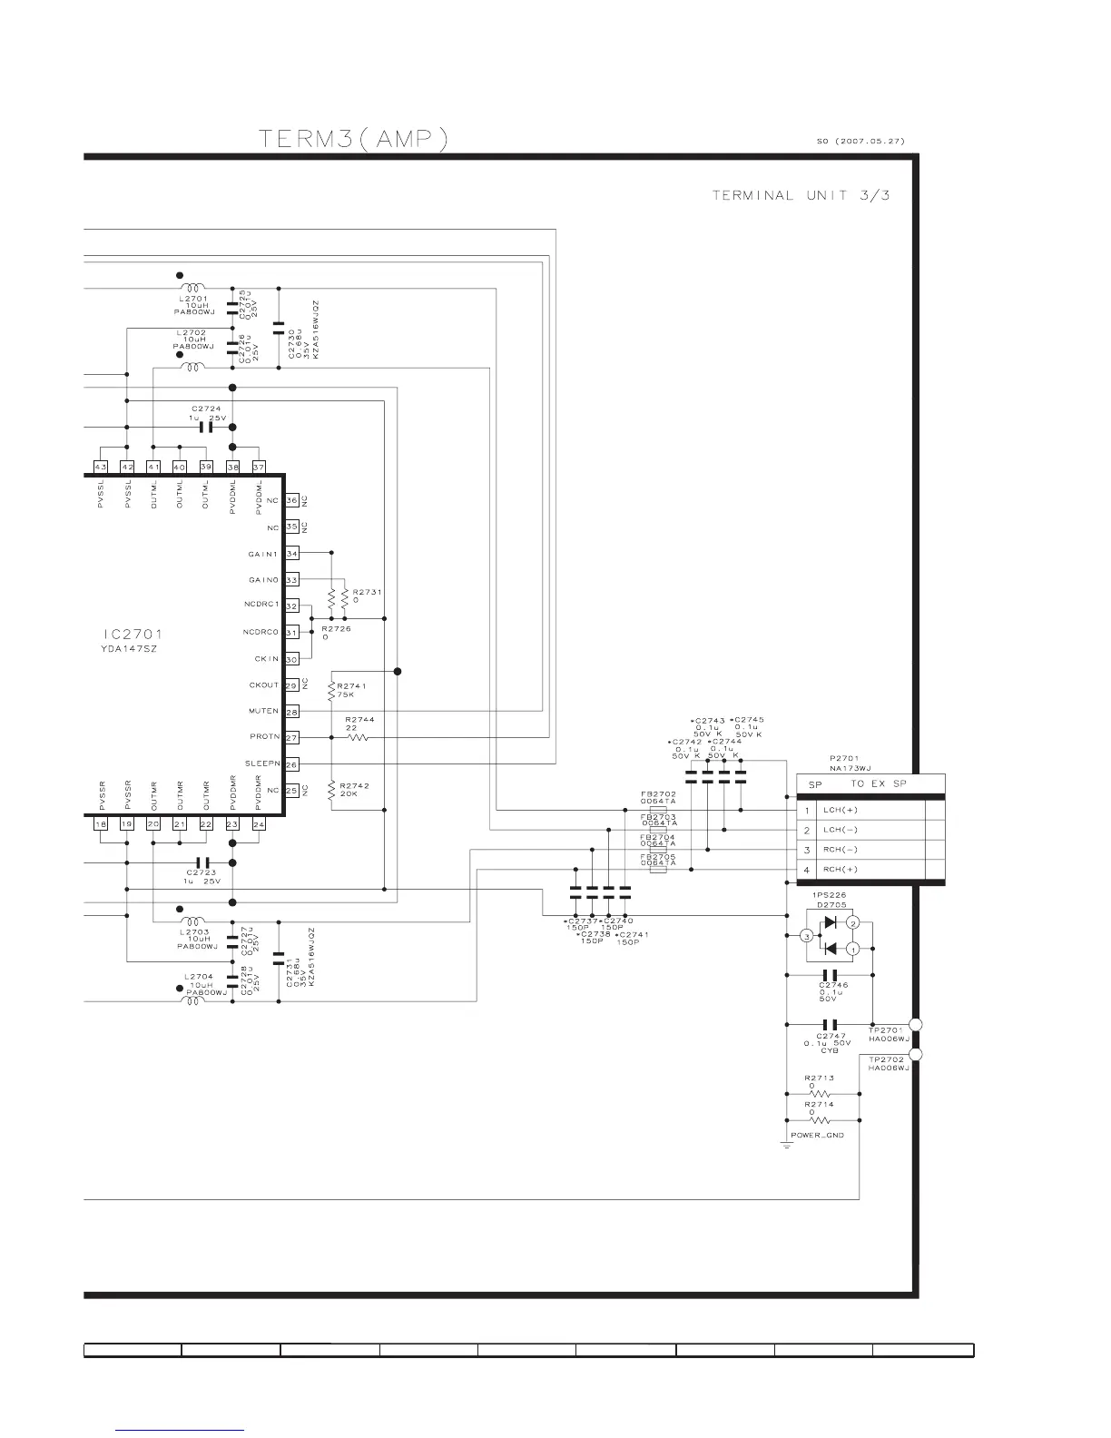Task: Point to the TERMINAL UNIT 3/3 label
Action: tap(801, 195)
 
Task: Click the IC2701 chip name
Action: tap(133, 635)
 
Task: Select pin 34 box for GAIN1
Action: tap(291, 553)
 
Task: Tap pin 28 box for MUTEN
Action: tap(291, 712)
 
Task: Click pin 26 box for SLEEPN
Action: tap(291, 764)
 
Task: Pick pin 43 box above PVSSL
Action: tap(101, 467)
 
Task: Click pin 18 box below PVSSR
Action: tap(101, 823)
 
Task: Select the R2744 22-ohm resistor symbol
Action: tap(358, 738)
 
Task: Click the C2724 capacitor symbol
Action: tap(205, 427)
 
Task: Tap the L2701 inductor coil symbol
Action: tap(193, 288)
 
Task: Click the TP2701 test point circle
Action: tap(916, 1025)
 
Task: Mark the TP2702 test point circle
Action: tap(916, 1054)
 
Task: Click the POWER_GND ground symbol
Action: tap(786, 1145)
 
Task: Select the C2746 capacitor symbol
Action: tap(829, 975)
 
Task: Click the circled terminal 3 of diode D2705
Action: tap(805, 936)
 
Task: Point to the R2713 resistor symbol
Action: tap(821, 1093)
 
